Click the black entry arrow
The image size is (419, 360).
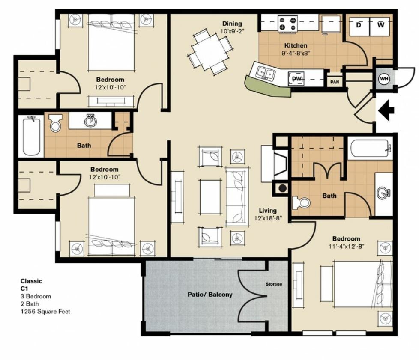[x=386, y=110]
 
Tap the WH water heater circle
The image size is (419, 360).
[x=384, y=79]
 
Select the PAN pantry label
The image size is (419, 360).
[x=335, y=82]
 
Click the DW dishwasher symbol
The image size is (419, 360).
[x=296, y=78]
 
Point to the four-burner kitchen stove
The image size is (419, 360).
[x=287, y=23]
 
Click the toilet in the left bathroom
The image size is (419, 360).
[x=55, y=122]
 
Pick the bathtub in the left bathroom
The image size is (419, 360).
[x=32, y=137]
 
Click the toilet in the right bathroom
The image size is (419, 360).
[x=301, y=203]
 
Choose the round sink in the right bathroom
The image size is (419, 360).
[x=383, y=193]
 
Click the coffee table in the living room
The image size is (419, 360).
[x=210, y=197]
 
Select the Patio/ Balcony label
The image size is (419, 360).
[x=210, y=295]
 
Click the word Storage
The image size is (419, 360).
[x=274, y=284]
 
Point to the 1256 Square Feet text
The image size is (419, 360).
[x=45, y=311]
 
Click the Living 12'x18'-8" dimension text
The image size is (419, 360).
[x=268, y=214]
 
